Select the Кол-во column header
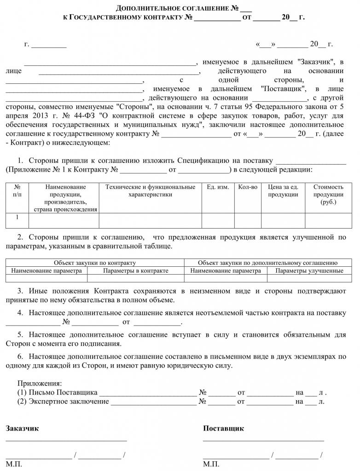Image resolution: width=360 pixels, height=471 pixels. coord(248,187)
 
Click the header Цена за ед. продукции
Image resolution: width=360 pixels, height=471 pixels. coord(283,191)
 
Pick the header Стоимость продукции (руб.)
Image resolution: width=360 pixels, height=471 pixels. coord(328,194)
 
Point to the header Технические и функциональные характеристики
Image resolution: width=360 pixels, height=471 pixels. coord(151,191)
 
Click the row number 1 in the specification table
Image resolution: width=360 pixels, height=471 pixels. coord(17,217)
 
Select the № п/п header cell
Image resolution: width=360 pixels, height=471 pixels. coord(17,191)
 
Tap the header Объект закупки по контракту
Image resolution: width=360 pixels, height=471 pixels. coord(95,263)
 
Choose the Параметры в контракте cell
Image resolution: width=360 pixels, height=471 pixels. coord(135,270)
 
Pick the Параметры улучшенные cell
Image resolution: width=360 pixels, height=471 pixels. coord(309,270)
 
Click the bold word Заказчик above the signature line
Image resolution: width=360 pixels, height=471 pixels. coord(22,428)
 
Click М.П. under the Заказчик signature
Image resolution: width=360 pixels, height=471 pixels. coord(14,465)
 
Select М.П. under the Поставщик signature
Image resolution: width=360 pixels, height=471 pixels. coord(211,465)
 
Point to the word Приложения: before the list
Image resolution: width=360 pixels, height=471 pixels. coord(39,383)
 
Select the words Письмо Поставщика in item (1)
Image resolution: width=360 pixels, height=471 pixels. coord(63,392)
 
